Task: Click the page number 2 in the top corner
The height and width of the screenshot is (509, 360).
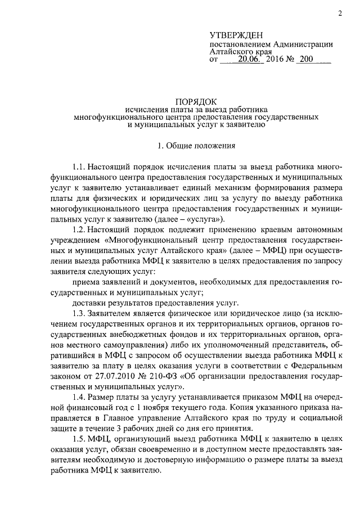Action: (x=341, y=13)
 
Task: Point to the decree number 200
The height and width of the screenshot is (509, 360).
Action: (x=306, y=58)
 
